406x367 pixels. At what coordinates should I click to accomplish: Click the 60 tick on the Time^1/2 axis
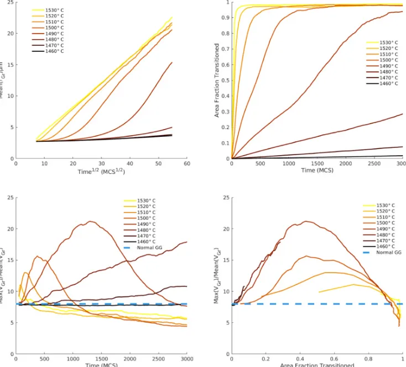[x=187, y=164]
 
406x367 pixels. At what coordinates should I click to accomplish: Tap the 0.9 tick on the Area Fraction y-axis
[x=225, y=18]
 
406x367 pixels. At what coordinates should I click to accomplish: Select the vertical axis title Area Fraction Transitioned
[x=217, y=80]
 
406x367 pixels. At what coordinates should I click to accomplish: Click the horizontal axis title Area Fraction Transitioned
[x=316, y=364]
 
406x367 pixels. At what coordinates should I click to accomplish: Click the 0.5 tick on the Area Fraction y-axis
[x=225, y=80]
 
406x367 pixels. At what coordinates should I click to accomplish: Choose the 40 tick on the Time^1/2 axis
[x=130, y=164]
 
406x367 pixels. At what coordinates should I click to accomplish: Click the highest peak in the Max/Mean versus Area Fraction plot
[x=304, y=221]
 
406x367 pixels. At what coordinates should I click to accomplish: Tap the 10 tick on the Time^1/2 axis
[x=44, y=164]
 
